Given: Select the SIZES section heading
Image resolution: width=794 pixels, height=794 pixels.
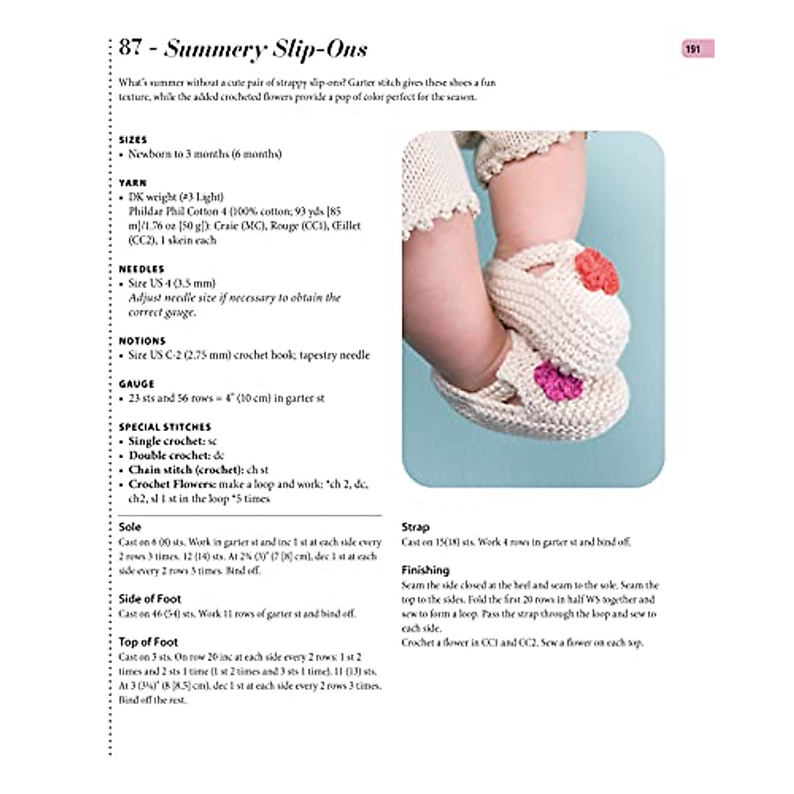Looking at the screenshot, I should coord(133,140).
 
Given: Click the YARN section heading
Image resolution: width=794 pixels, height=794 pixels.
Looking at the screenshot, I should coord(133,183).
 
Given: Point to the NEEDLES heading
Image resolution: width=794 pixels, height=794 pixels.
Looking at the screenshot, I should coord(142,269).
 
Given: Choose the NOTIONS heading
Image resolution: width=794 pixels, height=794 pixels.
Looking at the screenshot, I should coord(142,341).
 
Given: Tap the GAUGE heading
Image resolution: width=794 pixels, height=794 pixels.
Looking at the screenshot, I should coord(136,384).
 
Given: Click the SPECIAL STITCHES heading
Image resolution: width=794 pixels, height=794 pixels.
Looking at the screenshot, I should coord(165,427).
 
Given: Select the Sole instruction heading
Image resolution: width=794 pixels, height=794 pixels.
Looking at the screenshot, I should coord(130,527).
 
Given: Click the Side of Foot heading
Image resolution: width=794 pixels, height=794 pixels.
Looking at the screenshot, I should coord(150,599).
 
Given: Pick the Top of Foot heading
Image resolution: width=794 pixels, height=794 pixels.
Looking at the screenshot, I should coord(148,642).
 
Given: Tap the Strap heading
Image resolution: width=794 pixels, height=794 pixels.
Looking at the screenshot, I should coord(416,527).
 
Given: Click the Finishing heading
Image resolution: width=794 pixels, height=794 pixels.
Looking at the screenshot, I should coord(425,570).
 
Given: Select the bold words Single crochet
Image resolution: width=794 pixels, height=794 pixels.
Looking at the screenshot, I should coord(165,441).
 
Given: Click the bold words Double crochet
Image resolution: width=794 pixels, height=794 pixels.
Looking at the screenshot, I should coord(168,455).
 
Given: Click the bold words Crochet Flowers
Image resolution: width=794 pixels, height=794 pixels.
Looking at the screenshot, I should coord(167,484).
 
